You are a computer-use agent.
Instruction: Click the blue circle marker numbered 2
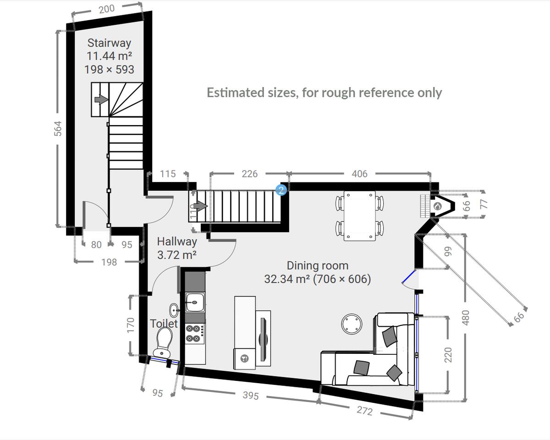281,190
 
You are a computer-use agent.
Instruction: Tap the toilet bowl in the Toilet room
163,341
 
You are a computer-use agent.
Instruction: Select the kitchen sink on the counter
195,302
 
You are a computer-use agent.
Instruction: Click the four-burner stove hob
195,334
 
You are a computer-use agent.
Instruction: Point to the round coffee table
352,324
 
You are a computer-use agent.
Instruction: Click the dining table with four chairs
360,216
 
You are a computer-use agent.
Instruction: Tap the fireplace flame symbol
438,206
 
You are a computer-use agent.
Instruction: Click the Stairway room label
109,43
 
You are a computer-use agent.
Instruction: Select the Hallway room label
177,242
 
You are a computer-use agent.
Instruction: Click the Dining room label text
318,266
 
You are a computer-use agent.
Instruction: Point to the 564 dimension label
58,129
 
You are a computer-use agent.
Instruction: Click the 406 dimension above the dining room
359,174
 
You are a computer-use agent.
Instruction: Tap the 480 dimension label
466,318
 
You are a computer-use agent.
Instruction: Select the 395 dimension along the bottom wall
251,395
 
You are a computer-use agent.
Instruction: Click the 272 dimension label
364,411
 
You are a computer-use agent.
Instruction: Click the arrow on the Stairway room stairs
101,99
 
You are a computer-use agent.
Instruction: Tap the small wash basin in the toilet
175,310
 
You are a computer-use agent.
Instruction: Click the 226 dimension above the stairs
249,174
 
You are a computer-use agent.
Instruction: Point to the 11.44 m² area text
109,56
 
